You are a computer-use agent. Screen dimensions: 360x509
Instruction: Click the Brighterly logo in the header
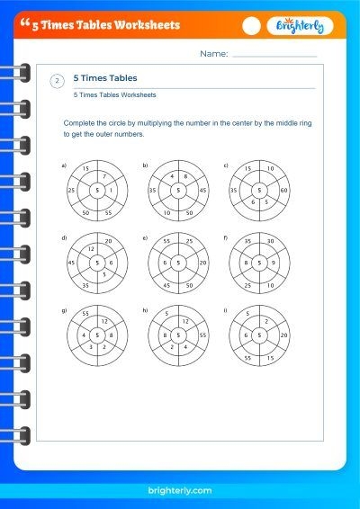click(300, 26)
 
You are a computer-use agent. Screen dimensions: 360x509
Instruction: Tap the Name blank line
click(274, 57)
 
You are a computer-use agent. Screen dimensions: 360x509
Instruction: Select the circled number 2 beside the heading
click(58, 81)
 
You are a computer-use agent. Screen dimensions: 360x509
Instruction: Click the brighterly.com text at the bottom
click(180, 490)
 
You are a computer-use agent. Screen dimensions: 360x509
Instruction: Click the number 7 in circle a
click(104, 176)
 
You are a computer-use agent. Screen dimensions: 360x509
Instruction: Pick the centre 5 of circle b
click(178, 191)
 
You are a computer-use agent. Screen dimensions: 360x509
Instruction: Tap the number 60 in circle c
click(283, 191)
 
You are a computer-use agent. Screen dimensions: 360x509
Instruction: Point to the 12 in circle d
click(91, 249)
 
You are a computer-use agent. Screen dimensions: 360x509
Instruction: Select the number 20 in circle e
click(202, 263)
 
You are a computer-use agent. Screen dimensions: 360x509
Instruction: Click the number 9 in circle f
click(273, 263)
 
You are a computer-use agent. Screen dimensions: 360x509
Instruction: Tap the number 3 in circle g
click(91, 347)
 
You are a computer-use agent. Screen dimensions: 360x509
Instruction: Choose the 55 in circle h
click(202, 335)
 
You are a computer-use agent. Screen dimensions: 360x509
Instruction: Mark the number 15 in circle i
click(270, 358)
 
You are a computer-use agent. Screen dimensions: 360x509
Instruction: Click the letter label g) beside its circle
click(64, 310)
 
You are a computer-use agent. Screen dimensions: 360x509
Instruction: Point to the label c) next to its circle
click(226, 165)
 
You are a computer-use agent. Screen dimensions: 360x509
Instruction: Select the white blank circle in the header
click(251, 26)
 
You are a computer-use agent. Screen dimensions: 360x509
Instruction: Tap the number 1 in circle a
click(111, 191)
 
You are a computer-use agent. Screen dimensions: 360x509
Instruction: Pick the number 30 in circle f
click(270, 241)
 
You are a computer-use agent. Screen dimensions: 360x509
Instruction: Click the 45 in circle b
click(202, 191)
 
